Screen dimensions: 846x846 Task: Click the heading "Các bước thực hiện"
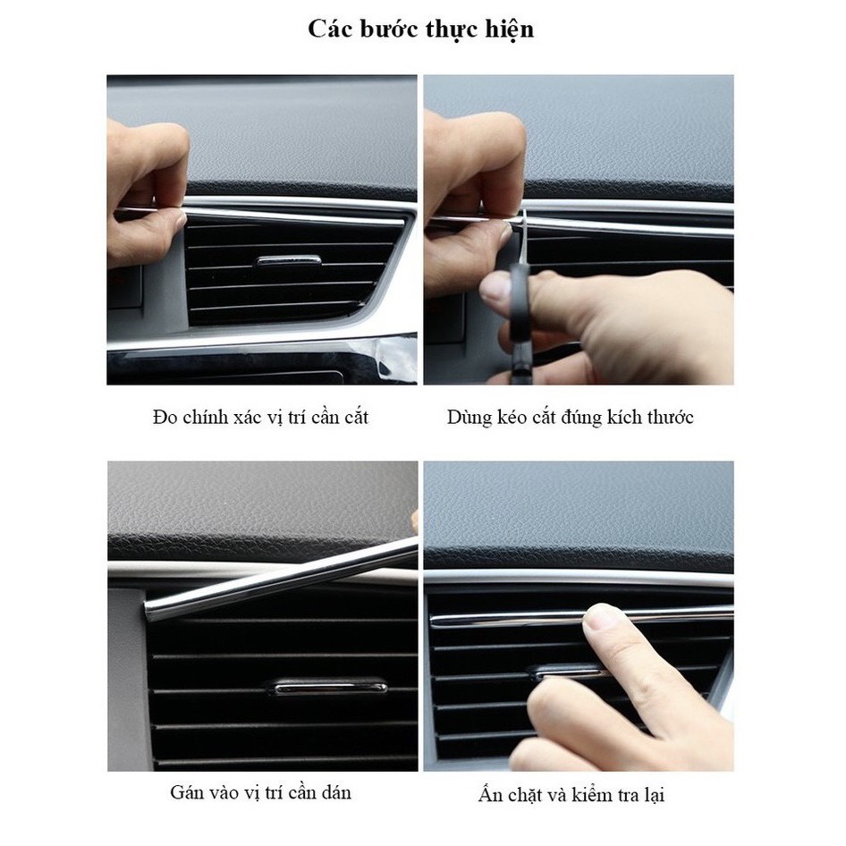click(x=421, y=29)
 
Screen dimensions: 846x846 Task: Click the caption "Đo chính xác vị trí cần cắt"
click(x=259, y=417)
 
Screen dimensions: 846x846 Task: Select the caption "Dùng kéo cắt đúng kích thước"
click(x=570, y=417)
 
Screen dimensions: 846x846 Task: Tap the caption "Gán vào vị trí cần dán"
click(x=260, y=792)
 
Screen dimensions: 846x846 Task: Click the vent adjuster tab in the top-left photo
click(x=288, y=260)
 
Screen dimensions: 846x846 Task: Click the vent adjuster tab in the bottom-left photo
click(x=329, y=687)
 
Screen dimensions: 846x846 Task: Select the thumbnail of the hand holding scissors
click(x=578, y=230)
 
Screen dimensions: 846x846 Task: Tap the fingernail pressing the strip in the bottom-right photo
click(x=603, y=616)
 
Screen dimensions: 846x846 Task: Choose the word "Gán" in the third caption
click(x=186, y=792)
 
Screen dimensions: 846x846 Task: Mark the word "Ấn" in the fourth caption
click(x=489, y=795)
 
